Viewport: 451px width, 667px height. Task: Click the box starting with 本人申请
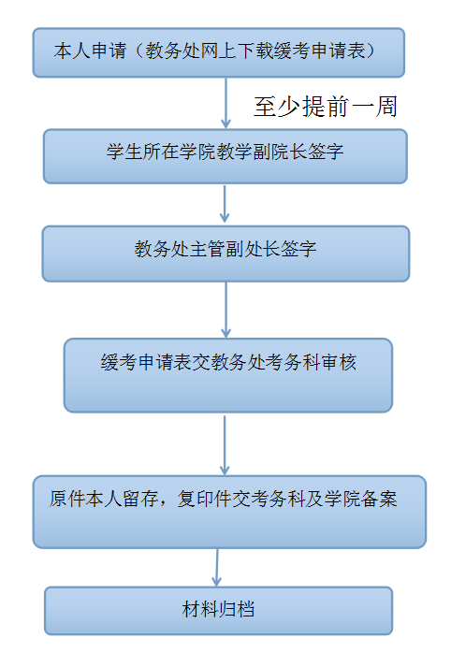pyautogui.click(x=219, y=52)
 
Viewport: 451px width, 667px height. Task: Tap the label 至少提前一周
pyautogui.click(x=326, y=107)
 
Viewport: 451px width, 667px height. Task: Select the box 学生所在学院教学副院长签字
pyautogui.click(x=225, y=156)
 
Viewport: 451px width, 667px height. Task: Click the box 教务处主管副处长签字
pyautogui.click(x=225, y=254)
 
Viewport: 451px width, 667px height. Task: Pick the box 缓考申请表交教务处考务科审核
pyautogui.click(x=228, y=375)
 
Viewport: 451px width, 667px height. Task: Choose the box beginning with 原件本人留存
pyautogui.click(x=229, y=512)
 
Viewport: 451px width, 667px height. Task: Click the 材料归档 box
pyautogui.click(x=219, y=611)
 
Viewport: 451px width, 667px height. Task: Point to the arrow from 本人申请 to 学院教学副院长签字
pyautogui.click(x=225, y=103)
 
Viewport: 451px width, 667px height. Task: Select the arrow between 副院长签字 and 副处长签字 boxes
pyautogui.click(x=225, y=204)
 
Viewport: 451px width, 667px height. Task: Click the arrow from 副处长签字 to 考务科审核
pyautogui.click(x=225, y=310)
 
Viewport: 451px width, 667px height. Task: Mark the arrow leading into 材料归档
pyautogui.click(x=217, y=568)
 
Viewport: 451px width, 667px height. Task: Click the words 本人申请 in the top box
pyautogui.click(x=90, y=51)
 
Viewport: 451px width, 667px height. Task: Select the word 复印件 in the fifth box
pyautogui.click(x=205, y=499)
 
